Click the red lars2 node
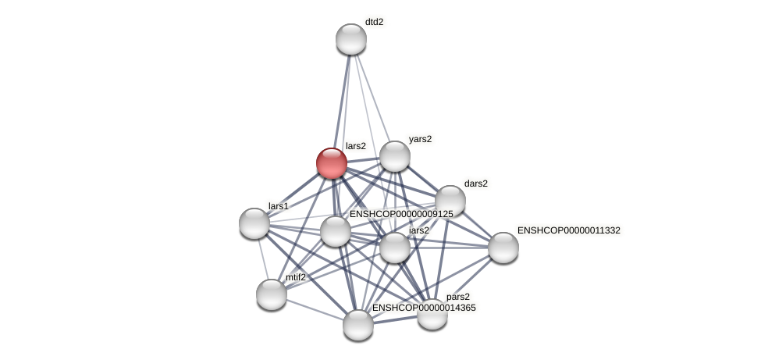(x=332, y=163)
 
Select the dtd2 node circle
(x=351, y=39)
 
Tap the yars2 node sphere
(x=395, y=156)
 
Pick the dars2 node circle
(x=450, y=201)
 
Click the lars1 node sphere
(x=254, y=223)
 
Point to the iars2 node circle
(x=395, y=248)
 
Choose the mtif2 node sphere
(x=272, y=294)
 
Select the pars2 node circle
(x=432, y=314)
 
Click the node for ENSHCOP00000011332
(x=503, y=248)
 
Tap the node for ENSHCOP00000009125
(x=336, y=231)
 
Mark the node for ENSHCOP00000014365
(x=358, y=325)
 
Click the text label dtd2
(x=374, y=22)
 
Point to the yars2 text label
(x=420, y=139)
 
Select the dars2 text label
(x=475, y=184)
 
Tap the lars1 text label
(x=279, y=206)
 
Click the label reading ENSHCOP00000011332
(x=568, y=230)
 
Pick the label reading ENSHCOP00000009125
(x=401, y=214)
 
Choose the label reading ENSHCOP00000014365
(x=424, y=308)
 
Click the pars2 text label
(x=458, y=297)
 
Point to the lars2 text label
(x=355, y=146)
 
